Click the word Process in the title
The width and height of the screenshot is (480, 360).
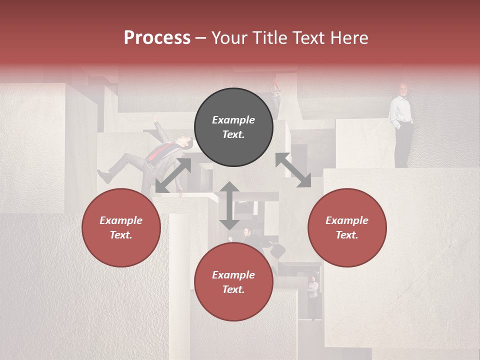click(x=157, y=38)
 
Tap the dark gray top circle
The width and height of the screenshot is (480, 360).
click(x=233, y=127)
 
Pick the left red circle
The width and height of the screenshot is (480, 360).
click(x=121, y=227)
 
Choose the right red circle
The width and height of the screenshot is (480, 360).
click(x=347, y=227)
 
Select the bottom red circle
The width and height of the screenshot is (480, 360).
click(x=233, y=282)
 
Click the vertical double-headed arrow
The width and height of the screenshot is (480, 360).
click(x=229, y=205)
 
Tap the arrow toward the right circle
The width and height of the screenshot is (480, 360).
click(x=293, y=170)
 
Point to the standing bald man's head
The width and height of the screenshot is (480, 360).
click(x=403, y=89)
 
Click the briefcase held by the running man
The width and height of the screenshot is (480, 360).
click(x=278, y=249)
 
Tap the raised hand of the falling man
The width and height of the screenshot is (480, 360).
click(x=155, y=118)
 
